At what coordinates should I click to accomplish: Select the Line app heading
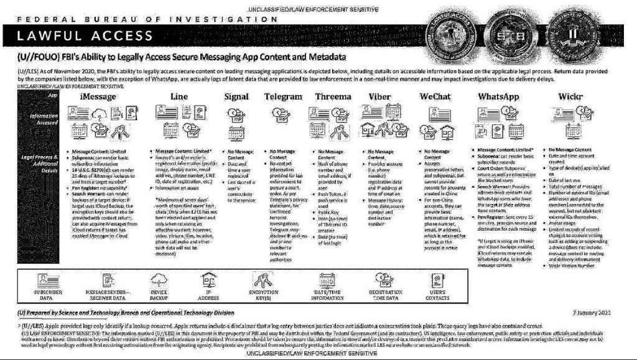click(x=179, y=97)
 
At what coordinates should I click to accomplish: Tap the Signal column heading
click(x=236, y=97)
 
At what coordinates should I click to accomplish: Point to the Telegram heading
click(x=283, y=97)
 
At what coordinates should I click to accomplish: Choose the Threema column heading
click(x=333, y=97)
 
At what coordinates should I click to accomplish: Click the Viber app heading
click(x=380, y=97)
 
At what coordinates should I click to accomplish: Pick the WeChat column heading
click(x=435, y=97)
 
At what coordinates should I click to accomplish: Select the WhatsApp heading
click(x=498, y=97)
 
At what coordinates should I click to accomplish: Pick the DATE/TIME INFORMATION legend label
click(x=328, y=294)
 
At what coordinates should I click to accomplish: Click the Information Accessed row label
click(x=44, y=119)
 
